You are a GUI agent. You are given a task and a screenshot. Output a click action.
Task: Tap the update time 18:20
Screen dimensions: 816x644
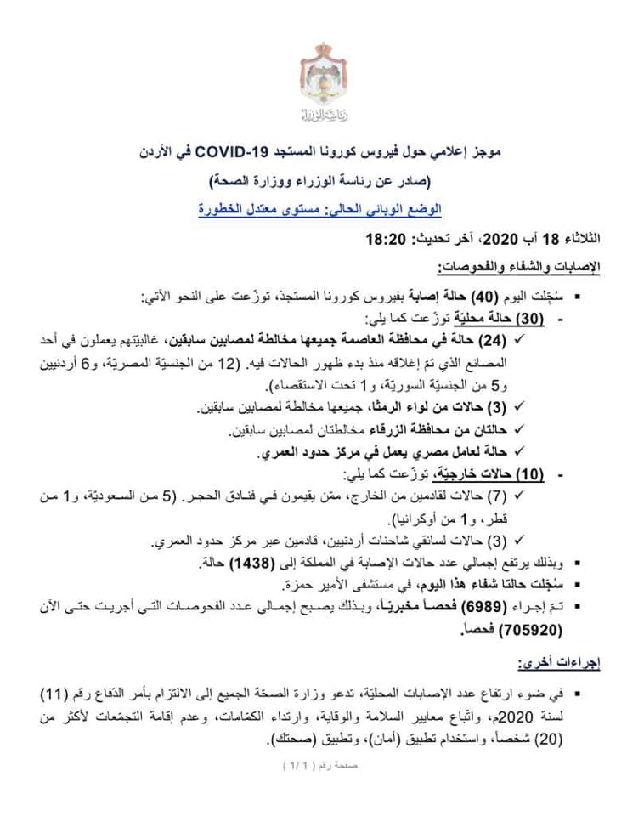(382, 241)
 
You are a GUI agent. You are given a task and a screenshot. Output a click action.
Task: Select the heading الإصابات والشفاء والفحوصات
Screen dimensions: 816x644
(519, 268)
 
